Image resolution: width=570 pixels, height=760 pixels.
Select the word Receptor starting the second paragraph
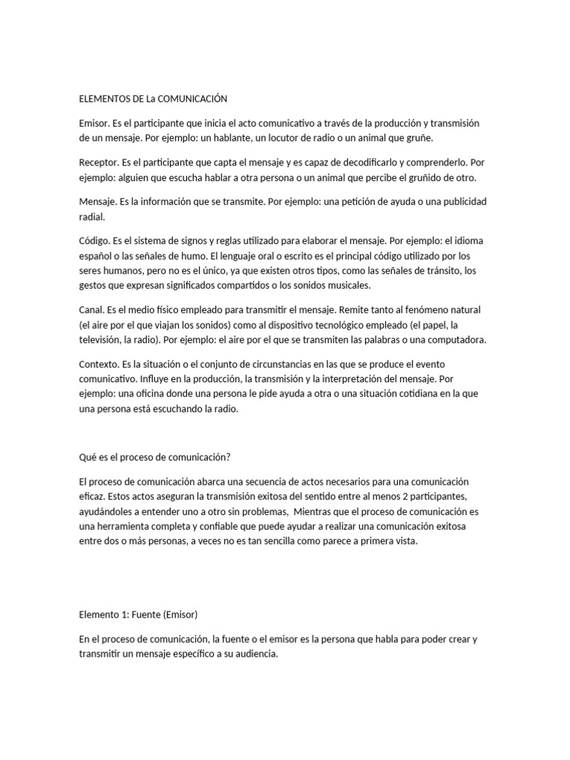coord(98,163)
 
